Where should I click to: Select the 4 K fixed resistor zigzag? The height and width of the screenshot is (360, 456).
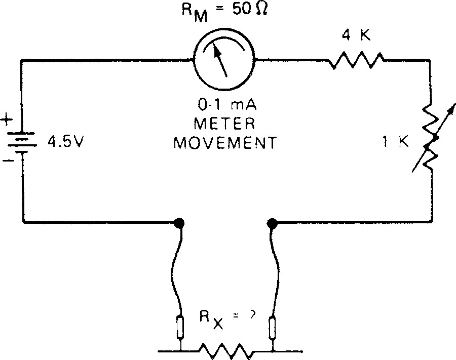[356, 61]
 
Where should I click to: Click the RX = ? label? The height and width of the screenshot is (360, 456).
[225, 320]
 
